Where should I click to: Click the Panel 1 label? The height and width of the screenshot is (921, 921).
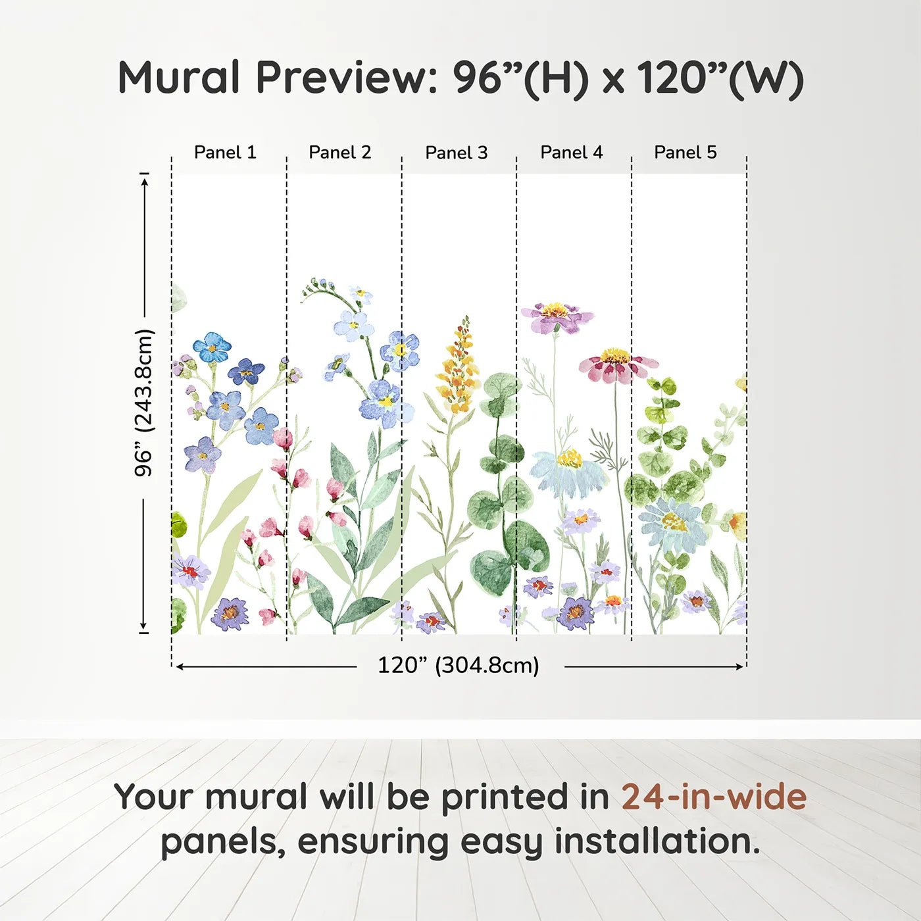(225, 153)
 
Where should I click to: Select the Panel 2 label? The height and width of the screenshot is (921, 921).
(340, 153)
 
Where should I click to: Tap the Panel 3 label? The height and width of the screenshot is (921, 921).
(457, 153)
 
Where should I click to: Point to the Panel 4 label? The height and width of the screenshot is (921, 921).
(572, 153)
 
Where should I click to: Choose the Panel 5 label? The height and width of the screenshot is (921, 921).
(685, 153)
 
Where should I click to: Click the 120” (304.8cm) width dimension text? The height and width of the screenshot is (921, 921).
(459, 666)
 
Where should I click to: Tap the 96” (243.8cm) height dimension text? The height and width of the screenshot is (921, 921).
(144, 403)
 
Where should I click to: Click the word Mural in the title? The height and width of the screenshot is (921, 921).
(178, 78)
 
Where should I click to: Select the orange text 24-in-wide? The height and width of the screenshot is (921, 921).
(714, 797)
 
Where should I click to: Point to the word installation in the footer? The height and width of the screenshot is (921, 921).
(657, 842)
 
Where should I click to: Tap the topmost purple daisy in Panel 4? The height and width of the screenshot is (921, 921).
(557, 316)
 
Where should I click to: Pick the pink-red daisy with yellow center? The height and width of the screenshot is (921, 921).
(616, 365)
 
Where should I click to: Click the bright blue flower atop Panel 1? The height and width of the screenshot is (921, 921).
(211, 347)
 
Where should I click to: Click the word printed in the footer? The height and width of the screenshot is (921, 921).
(505, 797)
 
